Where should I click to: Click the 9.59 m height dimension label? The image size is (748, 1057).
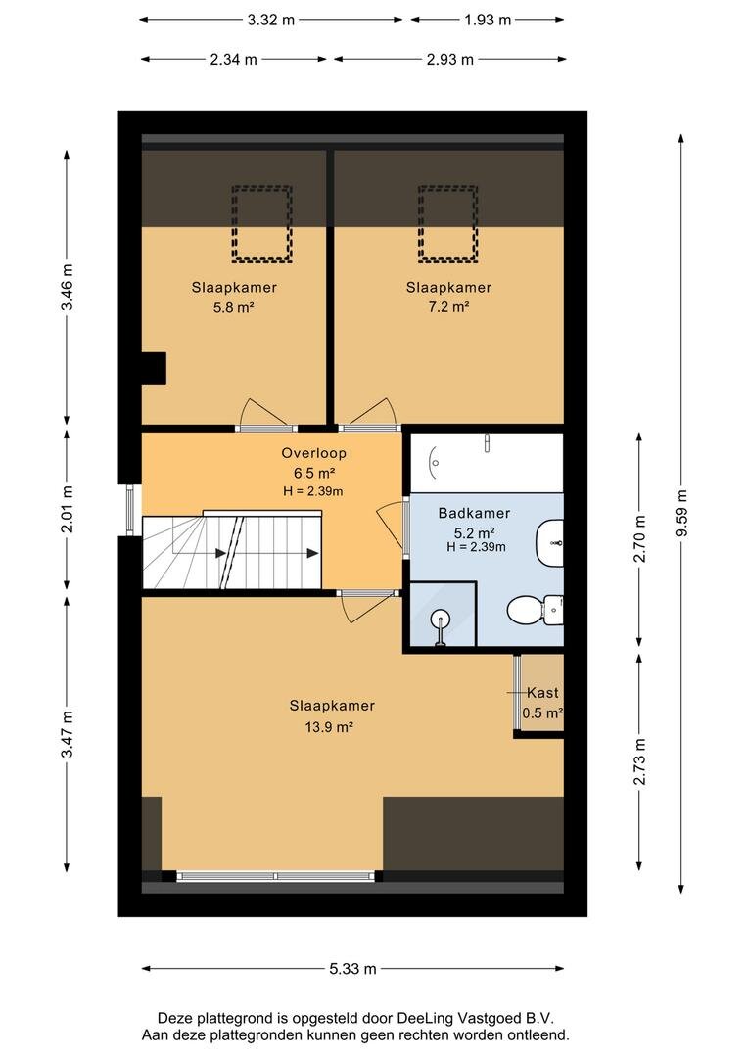click(681, 513)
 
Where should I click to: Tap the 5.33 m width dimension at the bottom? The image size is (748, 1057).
click(352, 969)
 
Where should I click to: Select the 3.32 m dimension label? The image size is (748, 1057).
click(270, 20)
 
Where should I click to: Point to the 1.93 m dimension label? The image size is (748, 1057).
click(487, 20)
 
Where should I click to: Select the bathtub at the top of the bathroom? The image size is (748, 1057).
click(487, 462)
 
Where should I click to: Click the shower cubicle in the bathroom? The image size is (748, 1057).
click(443, 614)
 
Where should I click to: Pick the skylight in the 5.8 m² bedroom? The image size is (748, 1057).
click(261, 224)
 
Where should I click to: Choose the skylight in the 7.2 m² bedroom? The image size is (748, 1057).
click(447, 224)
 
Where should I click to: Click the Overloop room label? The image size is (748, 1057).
click(313, 453)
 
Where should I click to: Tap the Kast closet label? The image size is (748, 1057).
click(542, 692)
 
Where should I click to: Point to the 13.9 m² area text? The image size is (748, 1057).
click(330, 727)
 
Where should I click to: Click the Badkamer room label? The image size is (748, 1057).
click(474, 513)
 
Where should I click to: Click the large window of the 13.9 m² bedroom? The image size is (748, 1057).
click(275, 876)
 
